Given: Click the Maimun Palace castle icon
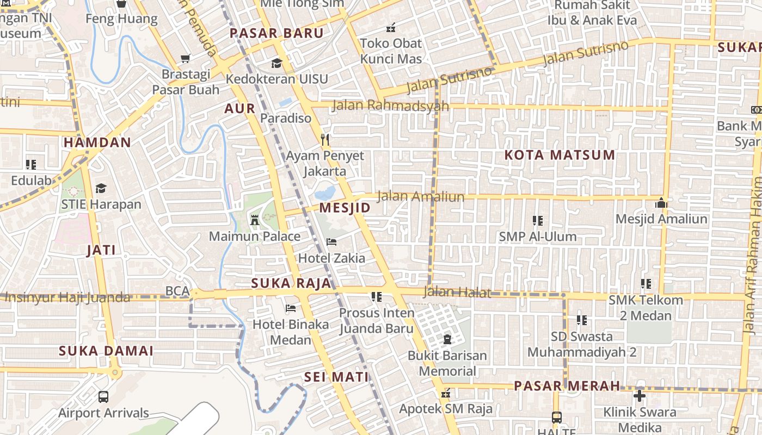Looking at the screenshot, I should [x=254, y=220].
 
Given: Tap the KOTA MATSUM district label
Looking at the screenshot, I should [x=560, y=155].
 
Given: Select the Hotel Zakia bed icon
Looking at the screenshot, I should [x=331, y=241].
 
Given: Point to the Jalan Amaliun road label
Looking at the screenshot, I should [x=421, y=196].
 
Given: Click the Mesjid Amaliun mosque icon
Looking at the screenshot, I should [x=661, y=203].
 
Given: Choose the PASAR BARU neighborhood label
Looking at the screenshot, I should [x=276, y=33].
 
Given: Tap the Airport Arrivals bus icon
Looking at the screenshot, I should [x=103, y=397].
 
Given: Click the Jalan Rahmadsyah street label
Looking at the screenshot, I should [x=390, y=105].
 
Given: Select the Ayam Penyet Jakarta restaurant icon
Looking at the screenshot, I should [x=325, y=140].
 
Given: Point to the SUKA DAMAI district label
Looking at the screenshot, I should [x=106, y=351].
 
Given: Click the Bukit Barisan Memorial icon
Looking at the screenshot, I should [x=447, y=340].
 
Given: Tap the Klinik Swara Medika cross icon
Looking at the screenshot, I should [x=640, y=396].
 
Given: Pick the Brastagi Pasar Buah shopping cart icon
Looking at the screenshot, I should [x=186, y=58].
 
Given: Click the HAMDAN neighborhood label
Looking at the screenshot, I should [x=97, y=143].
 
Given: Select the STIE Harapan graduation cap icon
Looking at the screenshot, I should [x=101, y=188].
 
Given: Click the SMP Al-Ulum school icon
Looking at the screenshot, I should [x=538, y=220].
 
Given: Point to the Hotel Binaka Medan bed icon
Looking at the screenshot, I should [x=291, y=308].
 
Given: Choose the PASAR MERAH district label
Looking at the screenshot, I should [x=567, y=386].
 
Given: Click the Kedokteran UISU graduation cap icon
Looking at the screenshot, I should [x=276, y=63].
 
